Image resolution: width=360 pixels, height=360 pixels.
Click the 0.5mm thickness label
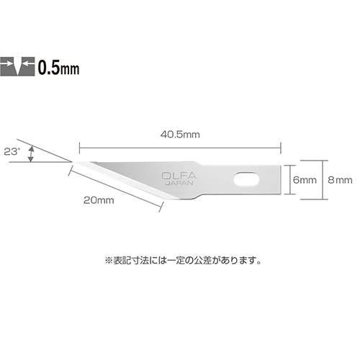point(58,67)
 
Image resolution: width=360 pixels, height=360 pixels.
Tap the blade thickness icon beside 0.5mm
point(17,66)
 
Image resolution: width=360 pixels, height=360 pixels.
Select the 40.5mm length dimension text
point(180,135)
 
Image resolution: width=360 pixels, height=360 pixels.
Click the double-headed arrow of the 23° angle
point(30,155)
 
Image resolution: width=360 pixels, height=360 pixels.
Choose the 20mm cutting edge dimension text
point(99,200)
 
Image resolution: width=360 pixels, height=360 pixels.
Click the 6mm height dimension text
point(305,180)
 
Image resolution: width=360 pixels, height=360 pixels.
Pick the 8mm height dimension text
point(340,180)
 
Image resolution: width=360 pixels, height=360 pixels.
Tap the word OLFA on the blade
point(179,176)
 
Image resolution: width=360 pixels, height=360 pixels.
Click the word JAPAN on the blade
point(179,183)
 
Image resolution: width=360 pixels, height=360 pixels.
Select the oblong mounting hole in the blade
point(246,179)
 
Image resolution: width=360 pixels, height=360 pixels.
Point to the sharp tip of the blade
point(73,163)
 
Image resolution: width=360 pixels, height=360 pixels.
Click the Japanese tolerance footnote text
point(183,261)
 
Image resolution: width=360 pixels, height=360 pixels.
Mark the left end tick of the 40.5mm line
point(79,148)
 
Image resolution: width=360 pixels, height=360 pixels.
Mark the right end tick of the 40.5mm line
point(281,148)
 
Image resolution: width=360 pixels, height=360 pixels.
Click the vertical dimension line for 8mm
point(323,180)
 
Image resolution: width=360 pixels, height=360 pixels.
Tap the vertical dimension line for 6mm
point(289,180)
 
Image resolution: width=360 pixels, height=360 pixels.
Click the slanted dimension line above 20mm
point(115,188)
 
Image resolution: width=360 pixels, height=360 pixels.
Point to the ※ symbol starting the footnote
point(109,261)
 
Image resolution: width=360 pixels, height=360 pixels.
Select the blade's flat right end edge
point(281,180)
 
